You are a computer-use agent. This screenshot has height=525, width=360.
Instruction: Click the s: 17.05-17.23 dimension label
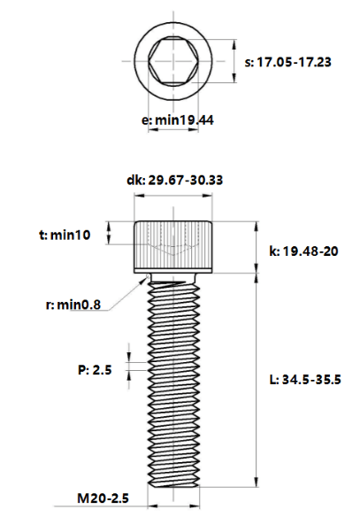coord(287,62)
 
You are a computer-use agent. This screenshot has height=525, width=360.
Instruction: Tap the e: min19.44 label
coord(177,120)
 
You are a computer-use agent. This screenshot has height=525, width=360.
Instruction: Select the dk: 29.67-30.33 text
coord(174,180)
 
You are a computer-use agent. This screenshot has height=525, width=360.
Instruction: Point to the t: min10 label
coord(65,235)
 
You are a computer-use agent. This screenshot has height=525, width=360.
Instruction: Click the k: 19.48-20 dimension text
coord(303,251)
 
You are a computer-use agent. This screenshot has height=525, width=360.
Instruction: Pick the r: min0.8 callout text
coord(73,305)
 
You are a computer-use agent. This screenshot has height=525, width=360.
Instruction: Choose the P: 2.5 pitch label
coord(95,370)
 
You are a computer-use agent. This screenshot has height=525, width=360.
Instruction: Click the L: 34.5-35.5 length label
coord(305,380)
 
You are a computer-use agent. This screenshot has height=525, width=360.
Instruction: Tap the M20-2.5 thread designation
coord(103,498)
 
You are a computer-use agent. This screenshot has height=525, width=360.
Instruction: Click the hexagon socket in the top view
coord(173,61)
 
